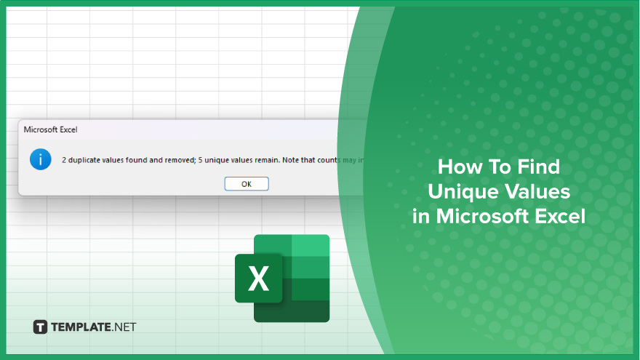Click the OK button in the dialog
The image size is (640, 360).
click(x=247, y=184)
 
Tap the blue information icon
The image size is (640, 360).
click(x=41, y=159)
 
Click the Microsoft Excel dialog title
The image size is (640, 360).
click(x=50, y=129)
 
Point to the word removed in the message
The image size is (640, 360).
click(x=180, y=160)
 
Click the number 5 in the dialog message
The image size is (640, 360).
click(x=201, y=160)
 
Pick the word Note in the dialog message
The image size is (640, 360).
click(x=291, y=160)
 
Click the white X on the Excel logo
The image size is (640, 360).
click(x=258, y=279)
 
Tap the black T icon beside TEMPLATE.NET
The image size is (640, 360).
click(x=40, y=327)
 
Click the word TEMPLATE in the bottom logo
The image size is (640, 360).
click(x=81, y=327)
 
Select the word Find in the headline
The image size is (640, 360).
click(x=539, y=167)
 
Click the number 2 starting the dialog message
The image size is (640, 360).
click(x=64, y=160)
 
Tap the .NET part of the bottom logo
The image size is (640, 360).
click(x=124, y=327)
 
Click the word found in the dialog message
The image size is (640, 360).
click(x=136, y=160)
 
